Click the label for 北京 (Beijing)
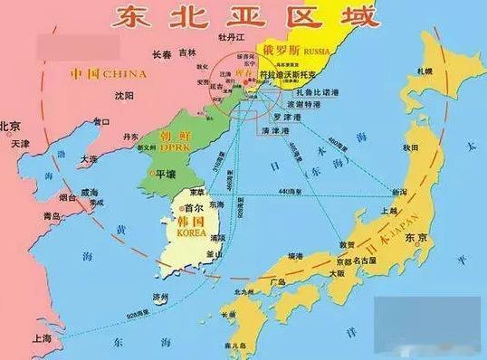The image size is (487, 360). (12, 126)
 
